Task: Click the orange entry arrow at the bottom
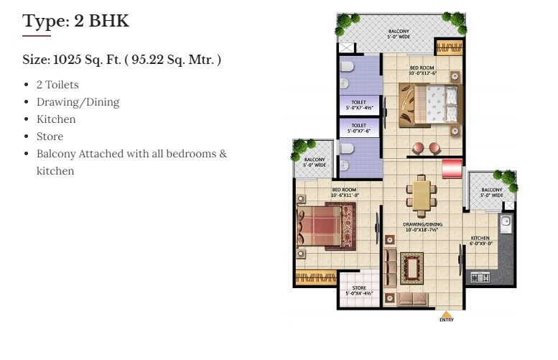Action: coord(446,314)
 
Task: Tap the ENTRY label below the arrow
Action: coord(446,320)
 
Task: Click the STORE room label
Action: coord(358,290)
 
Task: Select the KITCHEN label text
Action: coord(480,240)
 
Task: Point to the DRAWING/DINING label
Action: coord(422,227)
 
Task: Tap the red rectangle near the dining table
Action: coord(452,169)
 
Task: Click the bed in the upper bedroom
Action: coord(429,105)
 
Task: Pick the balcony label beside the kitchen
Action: coord(492,193)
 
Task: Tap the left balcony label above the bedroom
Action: coord(315,162)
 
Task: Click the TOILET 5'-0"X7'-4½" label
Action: coord(358,105)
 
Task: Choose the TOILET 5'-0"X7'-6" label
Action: coord(358,128)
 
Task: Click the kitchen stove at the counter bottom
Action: coord(480,277)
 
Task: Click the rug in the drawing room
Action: coord(412,268)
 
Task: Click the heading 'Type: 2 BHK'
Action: coord(76,21)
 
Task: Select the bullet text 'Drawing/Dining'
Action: coord(78,102)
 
